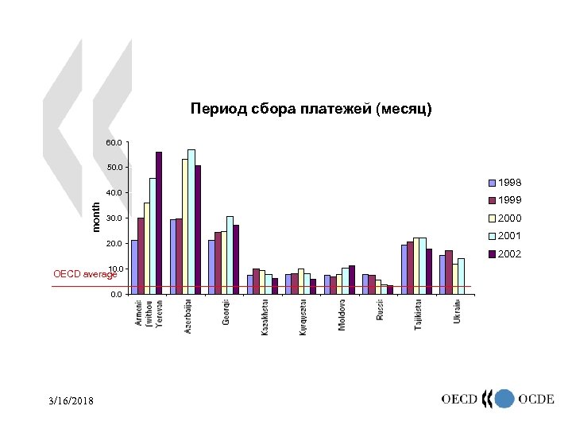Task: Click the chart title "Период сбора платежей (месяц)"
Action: [x=311, y=109]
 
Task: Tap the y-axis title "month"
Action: [x=96, y=217]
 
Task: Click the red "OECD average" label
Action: [x=84, y=274]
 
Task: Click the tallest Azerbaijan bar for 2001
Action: [x=191, y=222]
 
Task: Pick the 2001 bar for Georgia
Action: [x=230, y=254]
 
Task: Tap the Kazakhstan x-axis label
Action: [x=265, y=318]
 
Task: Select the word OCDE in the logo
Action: [x=536, y=400]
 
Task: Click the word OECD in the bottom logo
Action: [x=459, y=400]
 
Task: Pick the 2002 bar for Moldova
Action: [x=351, y=280]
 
